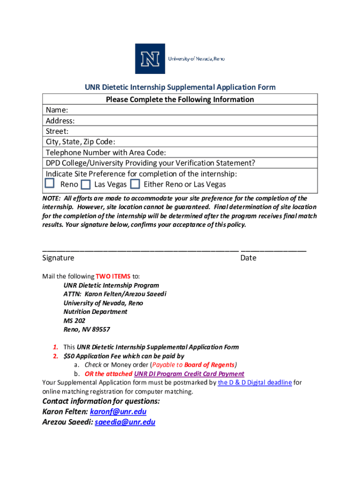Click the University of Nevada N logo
click(150, 59)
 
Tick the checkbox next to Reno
click(50, 184)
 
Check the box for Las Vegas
click(85, 184)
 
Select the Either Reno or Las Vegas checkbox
click(135, 184)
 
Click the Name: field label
click(57, 110)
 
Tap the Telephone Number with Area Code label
click(106, 152)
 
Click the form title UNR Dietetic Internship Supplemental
click(180, 87)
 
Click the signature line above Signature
click(140, 251)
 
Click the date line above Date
click(274, 251)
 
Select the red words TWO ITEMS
click(113, 276)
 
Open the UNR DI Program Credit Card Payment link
click(189, 374)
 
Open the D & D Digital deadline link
click(255, 383)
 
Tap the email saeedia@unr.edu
click(125, 422)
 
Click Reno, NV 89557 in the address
click(86, 329)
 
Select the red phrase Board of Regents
click(209, 365)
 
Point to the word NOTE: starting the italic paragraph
click(51, 198)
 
